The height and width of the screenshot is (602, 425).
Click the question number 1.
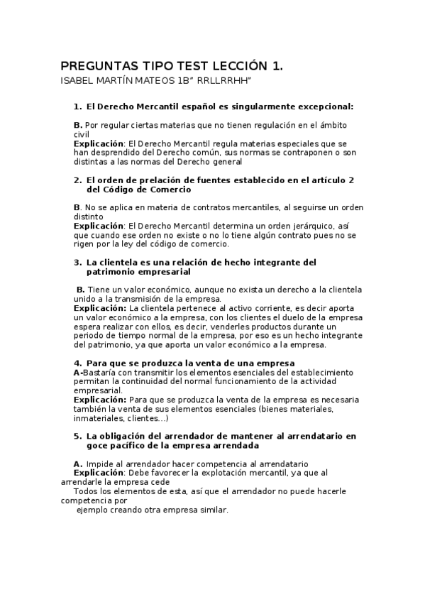pyautogui.click(x=77, y=106)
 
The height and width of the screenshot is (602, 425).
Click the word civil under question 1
pyautogui.click(x=82, y=134)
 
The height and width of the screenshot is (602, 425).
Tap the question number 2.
pyautogui.click(x=77, y=180)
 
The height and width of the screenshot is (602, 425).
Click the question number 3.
pyautogui.click(x=77, y=262)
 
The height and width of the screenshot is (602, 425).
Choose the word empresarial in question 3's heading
pyautogui.click(x=160, y=271)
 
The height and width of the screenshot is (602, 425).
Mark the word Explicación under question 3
pyautogui.click(x=100, y=308)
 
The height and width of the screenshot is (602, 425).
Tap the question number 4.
pyautogui.click(x=77, y=363)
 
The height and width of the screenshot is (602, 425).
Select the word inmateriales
pyautogui.click(x=99, y=418)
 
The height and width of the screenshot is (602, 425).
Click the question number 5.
pyautogui.click(x=77, y=436)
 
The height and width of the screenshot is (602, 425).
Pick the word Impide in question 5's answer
pyautogui.click(x=100, y=464)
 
